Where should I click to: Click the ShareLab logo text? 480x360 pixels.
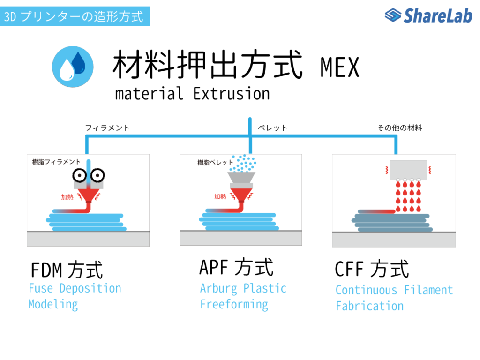(438, 15)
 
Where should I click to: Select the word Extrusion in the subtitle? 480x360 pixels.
(232, 94)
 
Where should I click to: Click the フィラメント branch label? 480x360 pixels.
(107, 127)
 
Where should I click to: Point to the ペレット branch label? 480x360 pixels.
(272, 127)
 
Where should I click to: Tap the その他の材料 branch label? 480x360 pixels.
(399, 127)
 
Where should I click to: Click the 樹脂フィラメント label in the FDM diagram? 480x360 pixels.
(56, 162)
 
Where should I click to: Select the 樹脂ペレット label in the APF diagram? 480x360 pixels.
(215, 162)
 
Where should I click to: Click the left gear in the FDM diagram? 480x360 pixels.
(80, 175)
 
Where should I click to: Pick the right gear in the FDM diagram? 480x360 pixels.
(97, 175)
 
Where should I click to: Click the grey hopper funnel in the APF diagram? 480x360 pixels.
(241, 178)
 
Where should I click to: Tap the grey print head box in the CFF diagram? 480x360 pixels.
(408, 170)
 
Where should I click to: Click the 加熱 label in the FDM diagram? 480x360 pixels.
(67, 197)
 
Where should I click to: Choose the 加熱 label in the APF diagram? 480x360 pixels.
(220, 196)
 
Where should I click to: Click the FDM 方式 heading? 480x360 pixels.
(67, 270)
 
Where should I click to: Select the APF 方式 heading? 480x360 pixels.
(236, 267)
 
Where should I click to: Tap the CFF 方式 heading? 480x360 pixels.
(372, 269)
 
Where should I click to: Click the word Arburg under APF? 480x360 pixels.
(218, 288)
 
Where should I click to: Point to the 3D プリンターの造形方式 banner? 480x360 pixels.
(75, 16)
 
